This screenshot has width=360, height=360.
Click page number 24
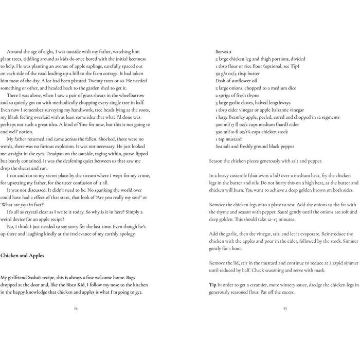pos(76,308)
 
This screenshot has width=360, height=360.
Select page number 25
pos(284,308)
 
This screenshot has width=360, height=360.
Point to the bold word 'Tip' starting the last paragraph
pos(212,284)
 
